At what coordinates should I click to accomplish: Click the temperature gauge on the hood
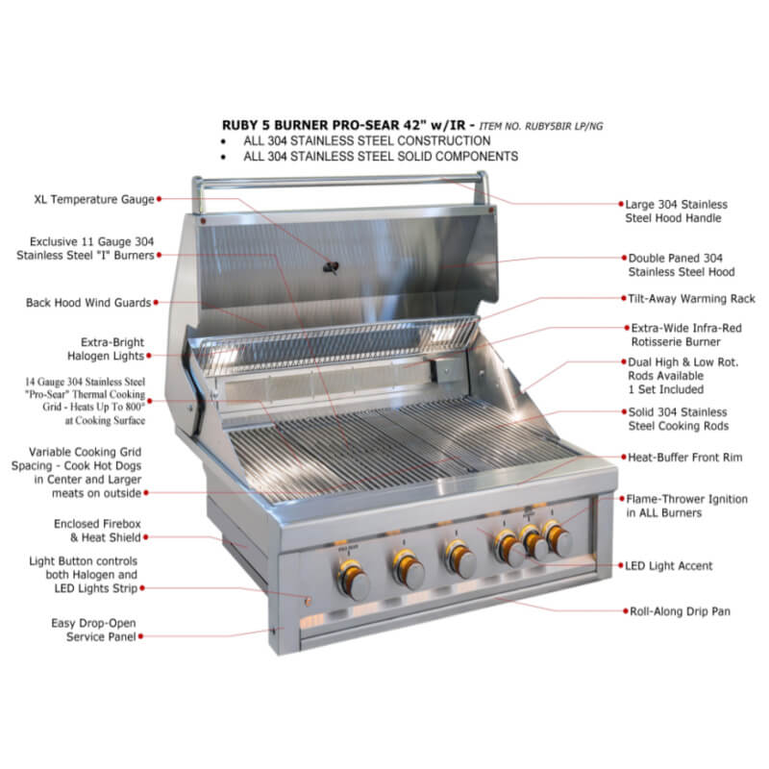pyautogui.click(x=331, y=268)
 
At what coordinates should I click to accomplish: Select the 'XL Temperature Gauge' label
pyautogui.click(x=94, y=200)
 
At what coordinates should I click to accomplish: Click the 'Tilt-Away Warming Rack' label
pyautogui.click(x=691, y=299)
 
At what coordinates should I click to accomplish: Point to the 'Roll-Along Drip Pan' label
pyautogui.click(x=680, y=611)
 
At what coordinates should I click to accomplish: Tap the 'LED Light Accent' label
pyautogui.click(x=668, y=565)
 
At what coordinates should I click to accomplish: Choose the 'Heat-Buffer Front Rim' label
pyautogui.click(x=685, y=458)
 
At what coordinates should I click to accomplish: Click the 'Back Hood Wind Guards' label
pyautogui.click(x=88, y=303)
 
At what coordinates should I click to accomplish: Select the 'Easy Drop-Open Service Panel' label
pyautogui.click(x=93, y=630)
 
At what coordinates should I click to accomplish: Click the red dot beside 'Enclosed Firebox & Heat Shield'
pyautogui.click(x=146, y=537)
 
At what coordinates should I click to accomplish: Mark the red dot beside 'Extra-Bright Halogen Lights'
pyautogui.click(x=149, y=356)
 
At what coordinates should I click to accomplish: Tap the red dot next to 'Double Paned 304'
pyautogui.click(x=624, y=258)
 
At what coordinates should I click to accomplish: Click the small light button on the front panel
pyautogui.click(x=308, y=600)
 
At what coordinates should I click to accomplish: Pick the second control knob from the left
pyautogui.click(x=409, y=569)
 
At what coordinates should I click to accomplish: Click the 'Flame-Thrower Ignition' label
pyautogui.click(x=686, y=506)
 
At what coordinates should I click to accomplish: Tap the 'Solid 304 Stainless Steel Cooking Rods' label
pyautogui.click(x=679, y=419)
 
